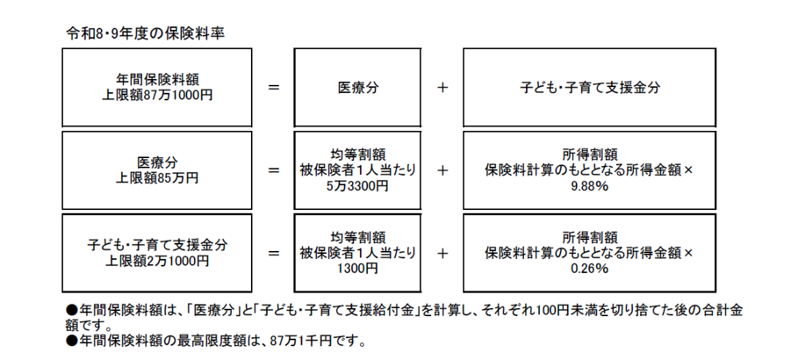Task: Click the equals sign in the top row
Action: [x=273, y=89]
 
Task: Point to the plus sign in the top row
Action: [x=442, y=89]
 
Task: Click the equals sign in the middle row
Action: [x=273, y=170]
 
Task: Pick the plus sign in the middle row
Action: [x=442, y=170]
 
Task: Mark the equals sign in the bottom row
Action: [x=273, y=253]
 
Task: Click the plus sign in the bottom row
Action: [x=442, y=253]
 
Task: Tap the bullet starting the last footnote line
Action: [x=73, y=340]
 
